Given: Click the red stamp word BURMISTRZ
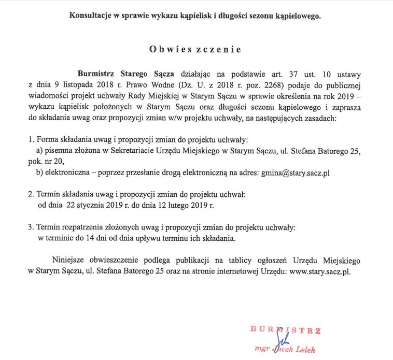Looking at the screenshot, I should tap(285, 330).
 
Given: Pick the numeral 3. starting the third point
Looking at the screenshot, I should tap(31, 227).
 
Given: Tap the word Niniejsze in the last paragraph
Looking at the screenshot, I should tap(68, 261).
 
